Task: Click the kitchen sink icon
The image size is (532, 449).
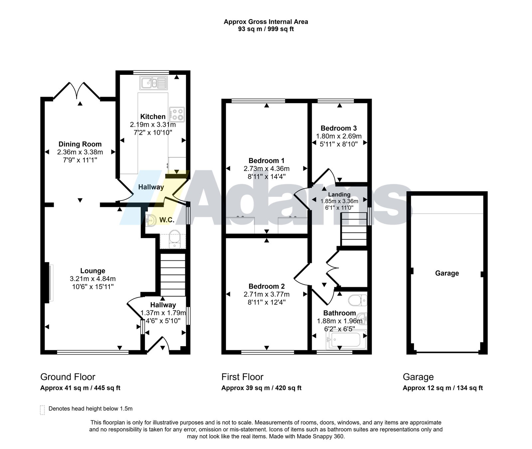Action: point(153,82)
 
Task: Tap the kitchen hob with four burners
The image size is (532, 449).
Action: point(177,114)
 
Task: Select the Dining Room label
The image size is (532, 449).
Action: point(80,144)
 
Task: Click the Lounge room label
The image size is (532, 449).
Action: point(93,271)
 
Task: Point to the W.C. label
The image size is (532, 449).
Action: point(167,220)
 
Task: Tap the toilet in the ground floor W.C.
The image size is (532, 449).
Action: point(174,239)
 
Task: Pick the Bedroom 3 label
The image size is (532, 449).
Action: point(339,128)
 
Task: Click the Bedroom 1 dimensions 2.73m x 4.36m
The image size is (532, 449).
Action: point(267,169)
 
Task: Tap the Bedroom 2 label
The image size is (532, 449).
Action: point(267,286)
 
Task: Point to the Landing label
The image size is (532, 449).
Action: point(339,195)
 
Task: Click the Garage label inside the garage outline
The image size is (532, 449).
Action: point(447,273)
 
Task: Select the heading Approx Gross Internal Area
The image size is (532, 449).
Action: point(266,22)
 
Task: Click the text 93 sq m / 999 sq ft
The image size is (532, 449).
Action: point(266,29)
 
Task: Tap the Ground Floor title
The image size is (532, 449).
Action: point(68,377)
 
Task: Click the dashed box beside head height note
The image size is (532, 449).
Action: point(42,410)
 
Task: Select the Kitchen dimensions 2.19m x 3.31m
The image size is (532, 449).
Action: point(153,125)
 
